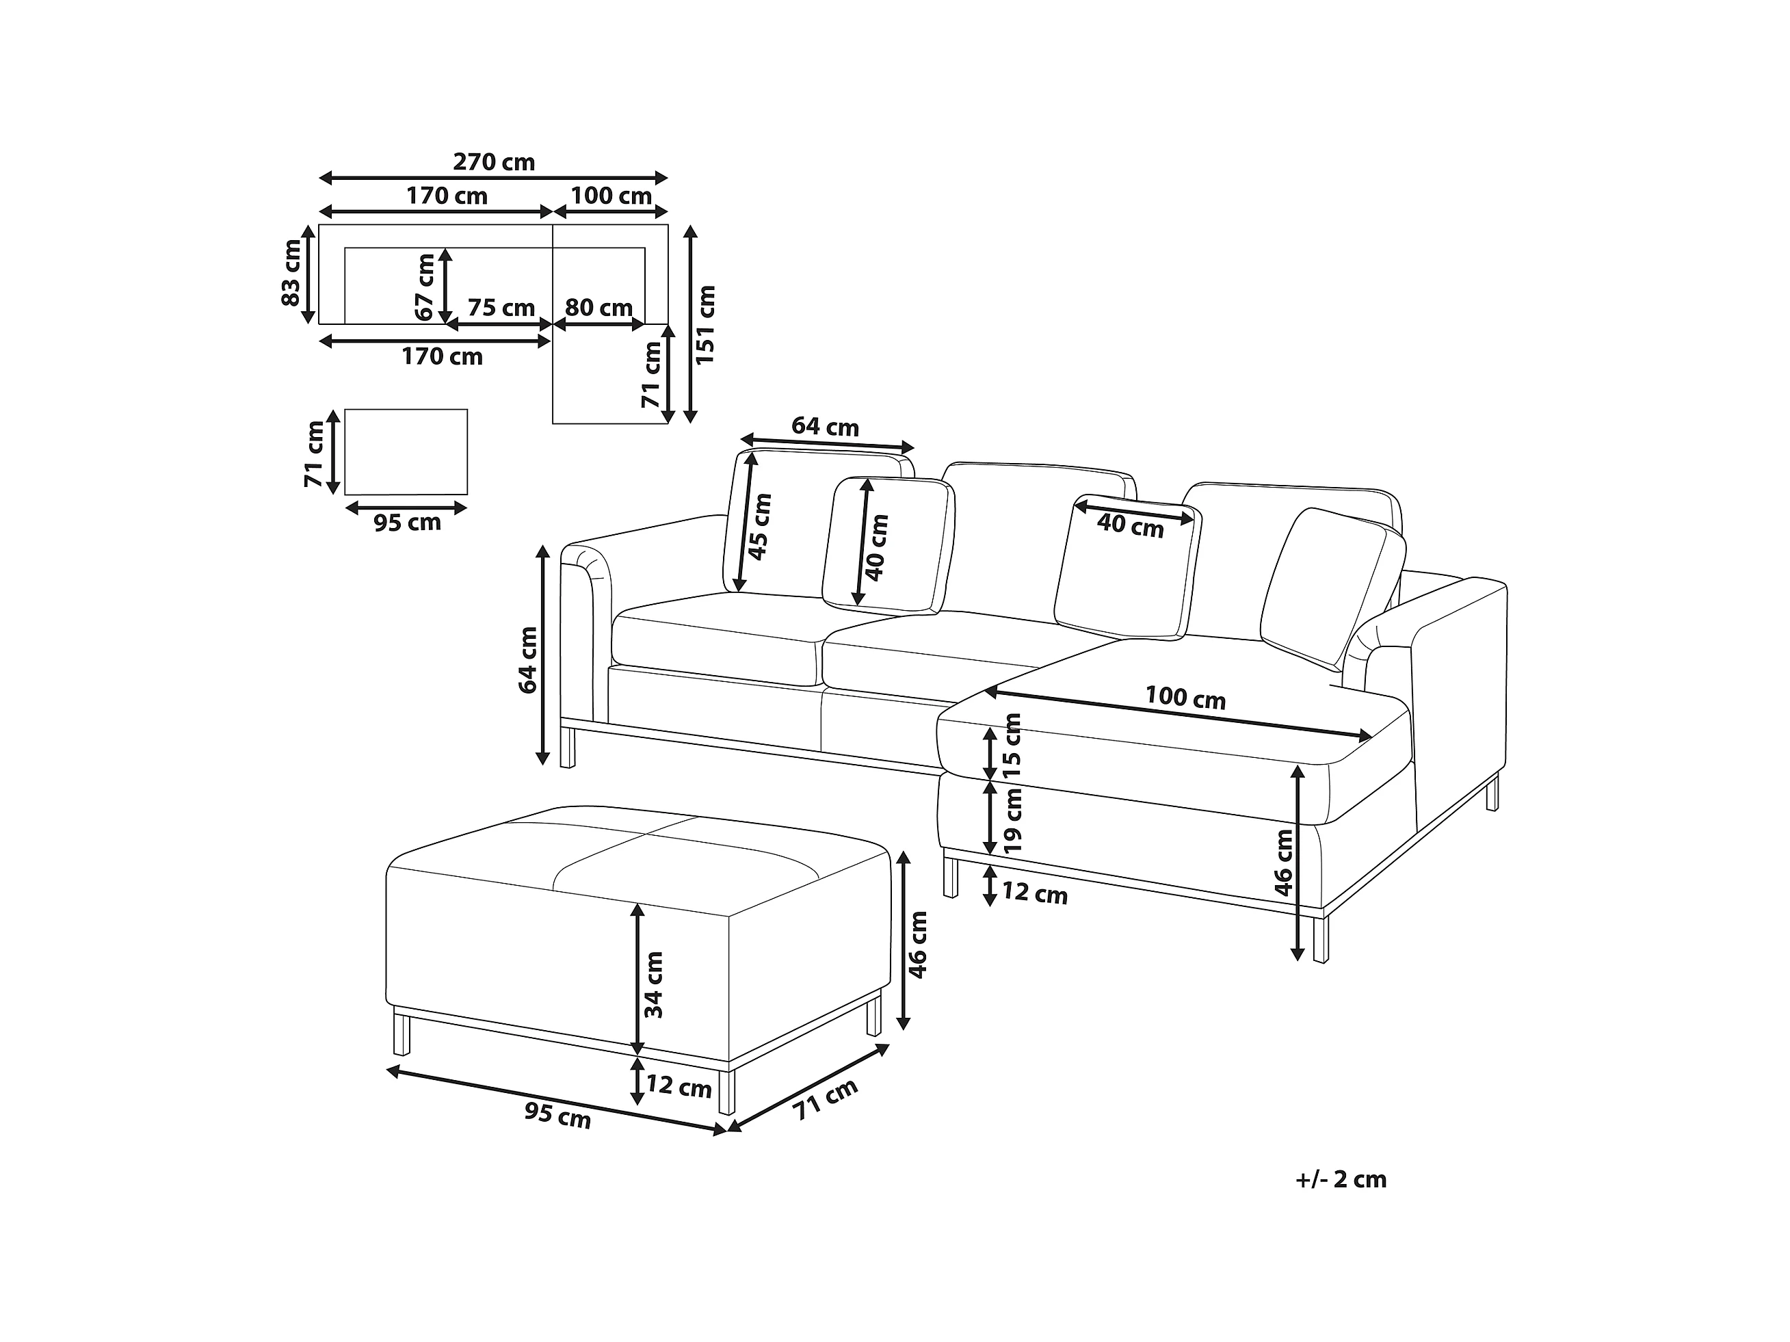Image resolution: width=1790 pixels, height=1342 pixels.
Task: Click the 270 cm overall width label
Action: point(494,162)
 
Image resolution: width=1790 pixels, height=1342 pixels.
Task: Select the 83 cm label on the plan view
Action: point(291,274)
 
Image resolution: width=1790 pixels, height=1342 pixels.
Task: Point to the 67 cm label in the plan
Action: point(424,286)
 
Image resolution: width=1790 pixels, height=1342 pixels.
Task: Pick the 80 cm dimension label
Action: point(598,308)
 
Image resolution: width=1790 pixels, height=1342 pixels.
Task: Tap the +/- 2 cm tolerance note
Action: point(1341,1179)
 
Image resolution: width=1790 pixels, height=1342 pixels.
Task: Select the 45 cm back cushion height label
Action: point(760,526)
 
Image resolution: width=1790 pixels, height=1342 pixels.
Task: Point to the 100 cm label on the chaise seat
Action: point(1185,698)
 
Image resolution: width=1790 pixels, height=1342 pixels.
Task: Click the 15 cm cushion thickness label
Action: point(1012,746)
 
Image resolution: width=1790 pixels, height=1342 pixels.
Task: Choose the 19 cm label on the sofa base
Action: point(1012,819)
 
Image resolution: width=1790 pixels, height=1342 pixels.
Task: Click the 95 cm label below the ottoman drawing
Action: point(557,1116)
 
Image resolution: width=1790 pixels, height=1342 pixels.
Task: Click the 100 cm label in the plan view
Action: point(611,196)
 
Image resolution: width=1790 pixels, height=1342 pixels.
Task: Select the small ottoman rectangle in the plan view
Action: point(406,451)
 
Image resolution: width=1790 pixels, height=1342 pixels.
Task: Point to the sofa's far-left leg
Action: point(567,746)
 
